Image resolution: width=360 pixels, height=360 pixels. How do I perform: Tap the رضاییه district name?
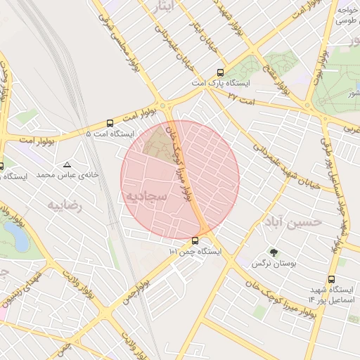point(65,205)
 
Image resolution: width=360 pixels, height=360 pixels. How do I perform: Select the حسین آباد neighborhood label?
point(292,222)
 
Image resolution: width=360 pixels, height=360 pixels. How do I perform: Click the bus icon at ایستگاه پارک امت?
point(221,72)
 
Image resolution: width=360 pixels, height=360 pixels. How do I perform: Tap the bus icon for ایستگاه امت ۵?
point(109,122)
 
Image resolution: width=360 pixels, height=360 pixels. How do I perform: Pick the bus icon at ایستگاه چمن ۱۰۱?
point(195,240)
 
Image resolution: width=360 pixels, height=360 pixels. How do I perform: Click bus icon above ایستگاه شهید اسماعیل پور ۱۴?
point(331,279)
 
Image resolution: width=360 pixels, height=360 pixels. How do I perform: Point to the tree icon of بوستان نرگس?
point(274,252)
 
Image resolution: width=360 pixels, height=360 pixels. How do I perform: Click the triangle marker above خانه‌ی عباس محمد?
point(67,164)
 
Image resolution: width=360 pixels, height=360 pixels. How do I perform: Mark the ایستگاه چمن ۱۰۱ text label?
point(195,251)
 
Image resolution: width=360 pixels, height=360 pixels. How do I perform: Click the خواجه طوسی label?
point(348,15)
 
